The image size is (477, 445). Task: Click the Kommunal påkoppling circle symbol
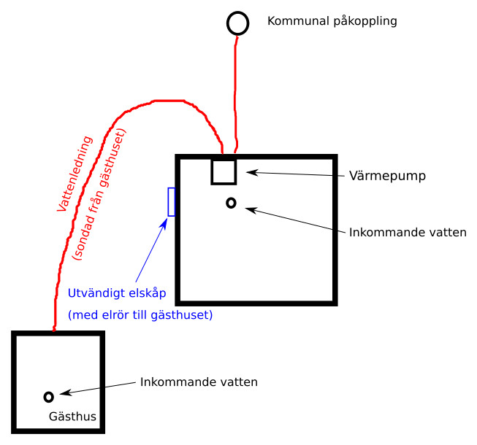tap(238, 12)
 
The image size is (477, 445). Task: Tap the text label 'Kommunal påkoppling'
tap(332, 21)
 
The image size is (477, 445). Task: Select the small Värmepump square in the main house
tap(212, 172)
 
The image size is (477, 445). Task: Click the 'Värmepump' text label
tap(387, 176)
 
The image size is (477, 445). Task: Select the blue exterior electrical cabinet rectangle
tap(168, 202)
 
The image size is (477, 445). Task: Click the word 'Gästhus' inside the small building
tap(72, 417)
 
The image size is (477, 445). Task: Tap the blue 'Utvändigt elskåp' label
tap(117, 293)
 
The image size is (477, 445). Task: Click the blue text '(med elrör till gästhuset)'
tap(140, 315)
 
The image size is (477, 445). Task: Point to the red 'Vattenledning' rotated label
tap(75, 174)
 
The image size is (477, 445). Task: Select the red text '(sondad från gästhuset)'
tap(99, 194)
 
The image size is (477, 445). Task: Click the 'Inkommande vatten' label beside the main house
tap(408, 233)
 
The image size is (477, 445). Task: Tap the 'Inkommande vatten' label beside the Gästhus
tap(199, 382)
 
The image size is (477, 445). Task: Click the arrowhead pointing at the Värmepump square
tap(252, 173)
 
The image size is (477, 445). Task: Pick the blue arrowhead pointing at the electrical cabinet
tap(164, 223)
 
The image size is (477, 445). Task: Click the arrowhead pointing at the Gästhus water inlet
tap(66, 392)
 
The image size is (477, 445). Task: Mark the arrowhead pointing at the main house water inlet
tap(251, 209)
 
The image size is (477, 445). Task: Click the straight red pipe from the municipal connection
tap(235, 94)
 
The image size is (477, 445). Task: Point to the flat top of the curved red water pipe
tap(169, 101)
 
